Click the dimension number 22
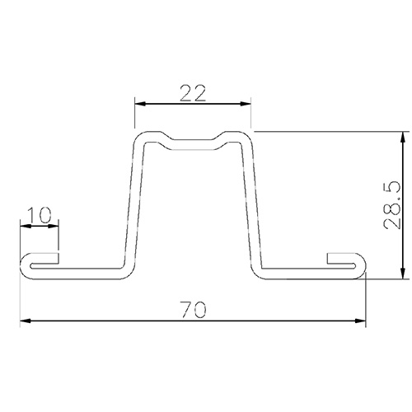click(193, 93)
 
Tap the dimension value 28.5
click(392, 205)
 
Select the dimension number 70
click(193, 310)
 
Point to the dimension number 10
click(40, 215)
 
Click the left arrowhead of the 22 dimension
click(140, 104)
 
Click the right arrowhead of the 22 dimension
click(246, 104)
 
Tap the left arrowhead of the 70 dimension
click(26, 321)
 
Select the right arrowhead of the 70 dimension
click(360, 321)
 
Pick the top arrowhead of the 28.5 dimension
click(403, 138)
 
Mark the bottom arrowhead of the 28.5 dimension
click(403, 274)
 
